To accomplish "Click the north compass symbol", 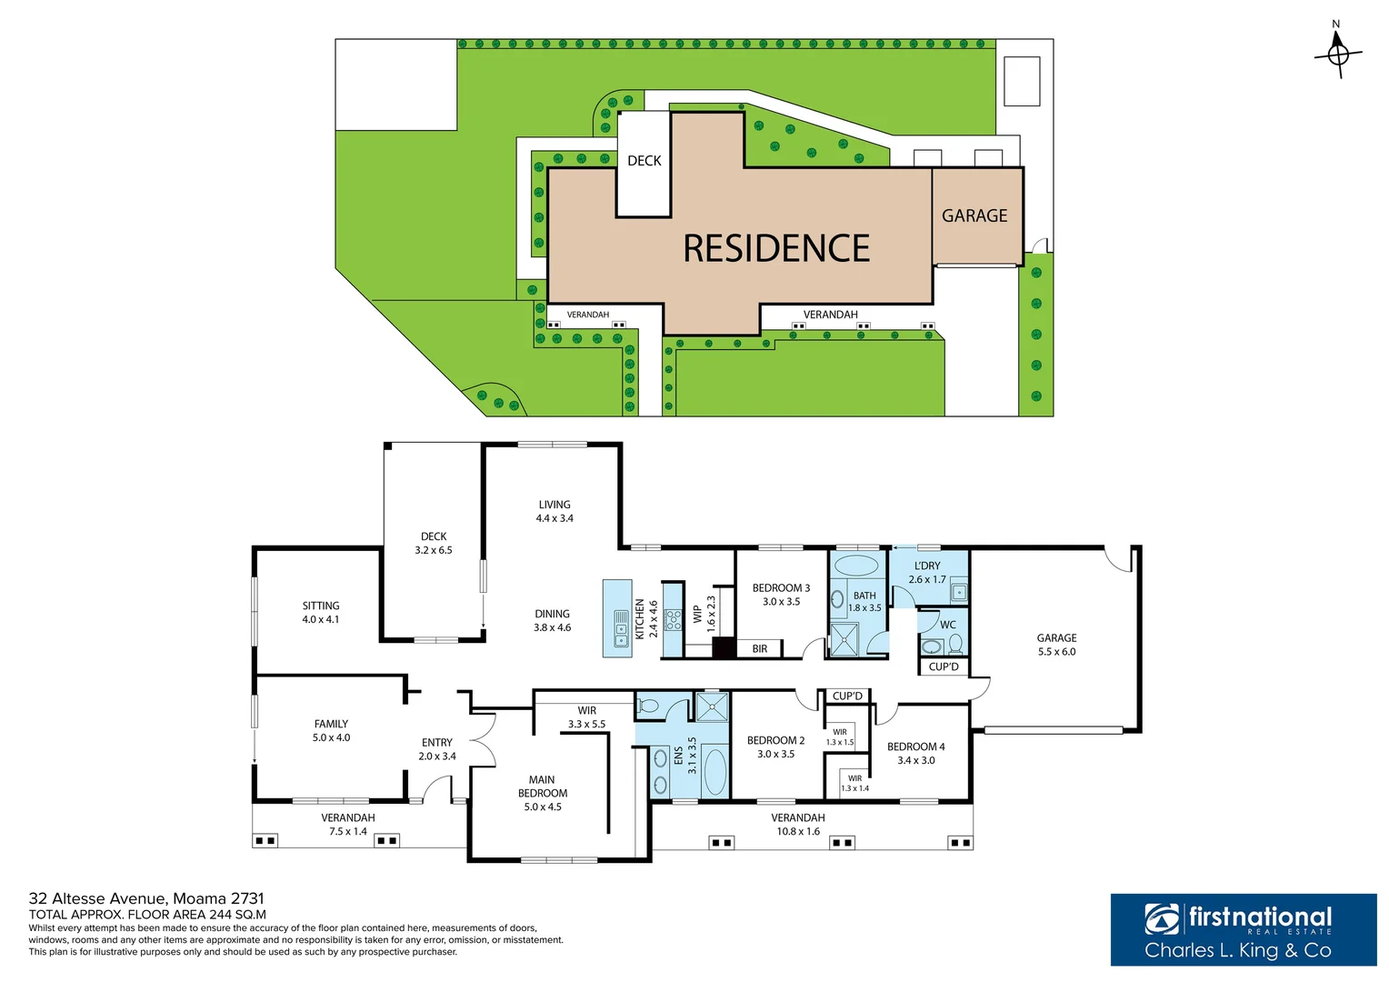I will (x=1337, y=54).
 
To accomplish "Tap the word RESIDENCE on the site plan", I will (x=776, y=248).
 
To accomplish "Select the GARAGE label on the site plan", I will (x=974, y=215).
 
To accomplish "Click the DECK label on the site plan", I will (x=644, y=161).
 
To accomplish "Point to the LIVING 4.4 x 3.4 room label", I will (x=555, y=511).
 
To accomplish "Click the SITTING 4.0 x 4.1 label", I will (x=321, y=612).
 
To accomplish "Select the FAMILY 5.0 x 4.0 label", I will (x=331, y=731).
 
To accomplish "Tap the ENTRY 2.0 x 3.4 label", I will (x=436, y=749).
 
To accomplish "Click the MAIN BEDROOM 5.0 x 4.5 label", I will (x=543, y=793).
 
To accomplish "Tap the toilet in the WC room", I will (x=955, y=645).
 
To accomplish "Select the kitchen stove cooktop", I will (x=673, y=620).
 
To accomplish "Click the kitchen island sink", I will (x=621, y=627).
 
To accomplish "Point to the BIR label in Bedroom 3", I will (x=760, y=648).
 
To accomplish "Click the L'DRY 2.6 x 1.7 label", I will (x=927, y=572).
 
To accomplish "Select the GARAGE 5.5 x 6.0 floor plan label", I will (x=1056, y=645).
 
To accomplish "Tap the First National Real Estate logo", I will (x=1243, y=929).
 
